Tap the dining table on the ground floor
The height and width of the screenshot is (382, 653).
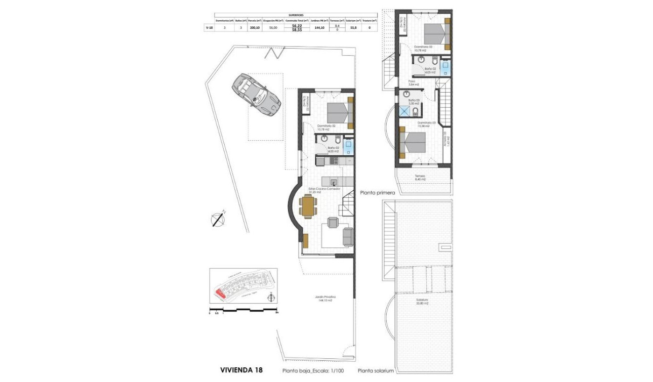[x=308, y=206]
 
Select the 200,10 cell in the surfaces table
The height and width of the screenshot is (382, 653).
[x=255, y=28]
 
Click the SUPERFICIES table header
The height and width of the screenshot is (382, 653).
[x=296, y=15]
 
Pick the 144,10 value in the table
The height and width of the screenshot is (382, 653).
[x=319, y=28]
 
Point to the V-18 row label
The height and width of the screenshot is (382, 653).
[x=209, y=28]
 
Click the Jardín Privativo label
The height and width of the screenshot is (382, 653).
[x=327, y=299]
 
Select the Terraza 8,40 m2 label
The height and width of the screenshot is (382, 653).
[x=421, y=178]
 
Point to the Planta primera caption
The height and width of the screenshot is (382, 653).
[x=378, y=193]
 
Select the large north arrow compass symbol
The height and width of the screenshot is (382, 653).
[x=218, y=219]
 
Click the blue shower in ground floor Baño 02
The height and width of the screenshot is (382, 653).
[x=348, y=147]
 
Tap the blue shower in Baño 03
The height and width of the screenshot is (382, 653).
[x=404, y=111]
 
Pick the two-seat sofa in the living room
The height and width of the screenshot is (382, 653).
[x=348, y=236]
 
